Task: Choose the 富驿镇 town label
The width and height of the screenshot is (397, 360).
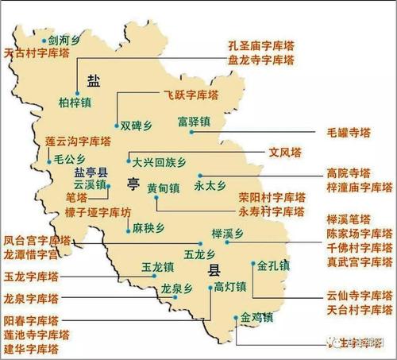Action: click(195, 122)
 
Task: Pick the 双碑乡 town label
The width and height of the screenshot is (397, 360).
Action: click(136, 125)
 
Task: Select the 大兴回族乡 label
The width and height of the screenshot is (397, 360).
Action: click(159, 161)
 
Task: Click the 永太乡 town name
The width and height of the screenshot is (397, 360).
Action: click(210, 188)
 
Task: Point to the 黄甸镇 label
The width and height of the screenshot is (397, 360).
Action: click(164, 188)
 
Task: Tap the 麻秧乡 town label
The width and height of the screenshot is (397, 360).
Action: click(148, 229)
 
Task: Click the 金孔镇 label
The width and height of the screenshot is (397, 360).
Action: click(272, 262)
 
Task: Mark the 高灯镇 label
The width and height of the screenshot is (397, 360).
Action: click(229, 287)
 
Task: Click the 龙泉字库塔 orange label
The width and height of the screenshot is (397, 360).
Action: click(31, 299)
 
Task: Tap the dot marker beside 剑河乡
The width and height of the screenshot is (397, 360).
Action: click(43, 37)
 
